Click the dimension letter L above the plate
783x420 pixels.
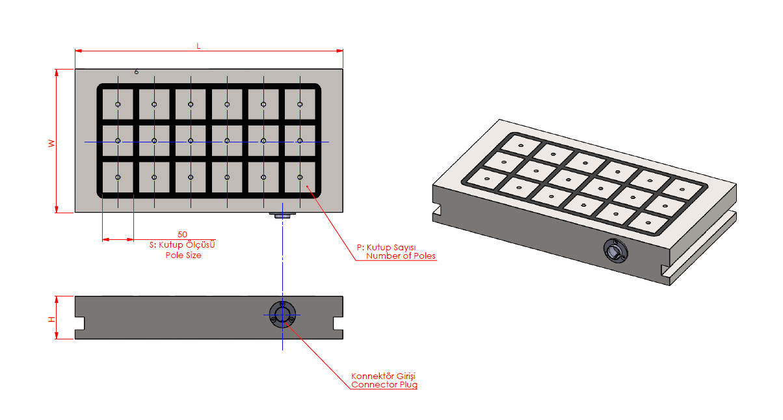(x=198, y=46)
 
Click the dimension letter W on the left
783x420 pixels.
(x=51, y=142)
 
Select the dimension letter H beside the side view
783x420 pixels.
(x=51, y=319)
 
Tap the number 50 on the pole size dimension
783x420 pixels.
(x=182, y=233)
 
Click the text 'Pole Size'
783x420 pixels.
(x=183, y=256)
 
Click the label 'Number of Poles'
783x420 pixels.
(x=401, y=256)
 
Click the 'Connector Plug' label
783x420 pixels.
(x=384, y=385)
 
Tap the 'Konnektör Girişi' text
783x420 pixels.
(x=383, y=376)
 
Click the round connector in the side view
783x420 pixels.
(x=282, y=315)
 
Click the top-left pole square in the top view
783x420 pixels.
(x=118, y=105)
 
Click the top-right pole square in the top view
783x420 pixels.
(x=300, y=105)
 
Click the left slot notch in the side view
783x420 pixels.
(x=81, y=322)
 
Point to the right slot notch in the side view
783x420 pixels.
(x=338, y=322)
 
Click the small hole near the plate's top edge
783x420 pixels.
(x=136, y=72)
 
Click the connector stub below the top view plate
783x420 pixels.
(x=283, y=215)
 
